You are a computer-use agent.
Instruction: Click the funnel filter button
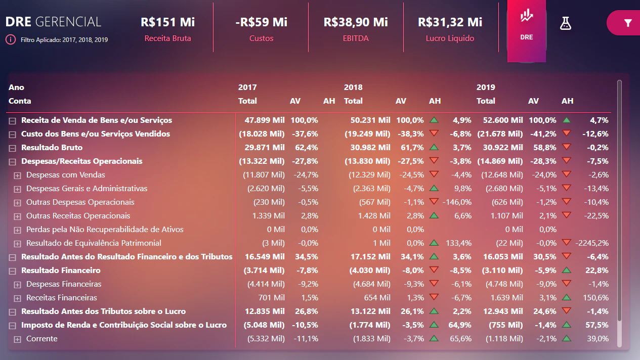coord(627,23)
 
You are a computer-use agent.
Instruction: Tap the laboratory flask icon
coord(566,23)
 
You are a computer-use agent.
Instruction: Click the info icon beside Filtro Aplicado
coord(11,39)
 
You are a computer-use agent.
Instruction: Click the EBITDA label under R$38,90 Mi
coord(356,38)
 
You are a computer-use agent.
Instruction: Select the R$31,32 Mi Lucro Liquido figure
coord(450,22)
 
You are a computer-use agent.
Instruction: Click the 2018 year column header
coord(353,87)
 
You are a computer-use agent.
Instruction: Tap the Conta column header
coord(20,101)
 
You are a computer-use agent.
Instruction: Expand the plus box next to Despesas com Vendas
coord(17,175)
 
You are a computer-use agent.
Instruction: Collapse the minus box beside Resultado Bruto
coord(12,148)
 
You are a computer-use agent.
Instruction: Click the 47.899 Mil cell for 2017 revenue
coord(264,120)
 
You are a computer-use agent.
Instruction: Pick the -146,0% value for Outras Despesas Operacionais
coord(457,202)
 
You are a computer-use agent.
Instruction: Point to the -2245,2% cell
coord(592,243)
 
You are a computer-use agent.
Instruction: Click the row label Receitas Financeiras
coord(61,298)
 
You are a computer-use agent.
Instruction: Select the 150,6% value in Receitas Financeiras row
coord(595,298)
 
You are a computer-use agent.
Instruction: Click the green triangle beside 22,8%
coord(567,270)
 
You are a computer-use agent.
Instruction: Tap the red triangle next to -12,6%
coord(567,133)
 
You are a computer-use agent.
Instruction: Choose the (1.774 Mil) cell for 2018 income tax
coord(370,325)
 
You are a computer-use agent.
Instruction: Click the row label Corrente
coord(41,339)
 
